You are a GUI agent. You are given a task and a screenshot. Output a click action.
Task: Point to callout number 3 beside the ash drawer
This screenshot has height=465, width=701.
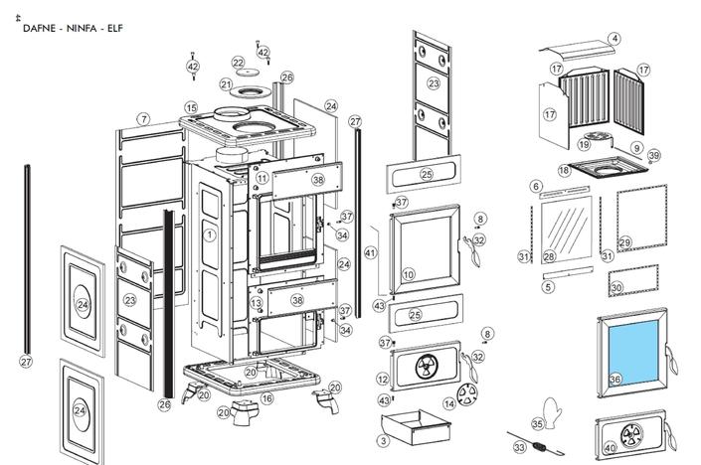(x=384, y=440)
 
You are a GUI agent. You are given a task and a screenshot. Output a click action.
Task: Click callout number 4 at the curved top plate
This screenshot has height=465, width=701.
(x=614, y=39)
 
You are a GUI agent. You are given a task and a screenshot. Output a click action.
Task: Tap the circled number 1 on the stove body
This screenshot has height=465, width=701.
(x=210, y=235)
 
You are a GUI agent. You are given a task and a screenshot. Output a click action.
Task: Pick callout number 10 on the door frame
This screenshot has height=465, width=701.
(x=408, y=274)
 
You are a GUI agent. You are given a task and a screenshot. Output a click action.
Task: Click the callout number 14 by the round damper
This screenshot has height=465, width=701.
(x=448, y=403)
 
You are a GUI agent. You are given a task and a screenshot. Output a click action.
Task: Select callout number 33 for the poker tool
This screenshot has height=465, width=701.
(x=519, y=448)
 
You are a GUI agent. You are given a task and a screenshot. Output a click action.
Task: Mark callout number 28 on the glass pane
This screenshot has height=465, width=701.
(x=549, y=256)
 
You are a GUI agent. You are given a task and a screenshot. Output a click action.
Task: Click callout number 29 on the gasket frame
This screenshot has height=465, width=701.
(x=624, y=242)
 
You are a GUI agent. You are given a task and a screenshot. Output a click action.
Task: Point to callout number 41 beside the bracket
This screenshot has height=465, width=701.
(x=371, y=253)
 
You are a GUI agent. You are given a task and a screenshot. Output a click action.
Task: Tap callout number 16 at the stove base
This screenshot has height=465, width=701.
(x=266, y=398)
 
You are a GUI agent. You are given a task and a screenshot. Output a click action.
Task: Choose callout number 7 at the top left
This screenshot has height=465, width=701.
(x=143, y=119)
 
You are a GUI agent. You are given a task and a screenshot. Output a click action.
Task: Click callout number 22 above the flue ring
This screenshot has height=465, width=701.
(x=239, y=64)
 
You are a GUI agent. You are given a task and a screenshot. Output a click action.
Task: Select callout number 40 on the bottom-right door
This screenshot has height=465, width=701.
(x=610, y=448)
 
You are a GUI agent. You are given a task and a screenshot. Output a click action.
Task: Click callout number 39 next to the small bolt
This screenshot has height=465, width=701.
(x=653, y=156)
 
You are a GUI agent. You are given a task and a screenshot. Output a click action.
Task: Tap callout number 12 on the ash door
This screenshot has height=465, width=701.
(x=383, y=380)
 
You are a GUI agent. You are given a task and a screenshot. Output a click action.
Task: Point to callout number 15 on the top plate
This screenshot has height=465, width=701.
(x=191, y=107)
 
